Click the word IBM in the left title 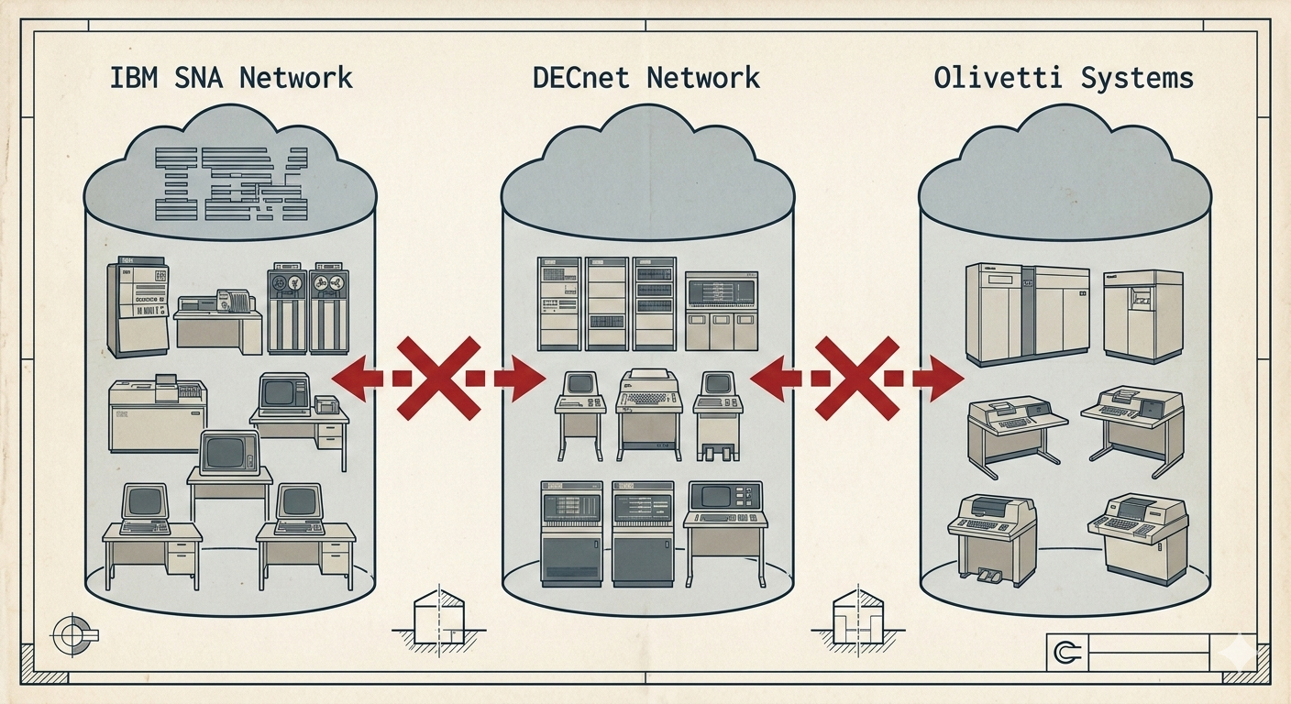[x=138, y=77]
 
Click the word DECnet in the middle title [x=583, y=77]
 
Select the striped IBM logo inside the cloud [x=231, y=183]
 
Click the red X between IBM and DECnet [x=438, y=377]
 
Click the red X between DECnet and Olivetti [x=856, y=377]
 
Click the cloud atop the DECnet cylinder [x=647, y=165]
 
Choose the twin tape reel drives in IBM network [x=308, y=310]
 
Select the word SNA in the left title [x=204, y=77]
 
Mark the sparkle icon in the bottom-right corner [x=1242, y=652]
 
